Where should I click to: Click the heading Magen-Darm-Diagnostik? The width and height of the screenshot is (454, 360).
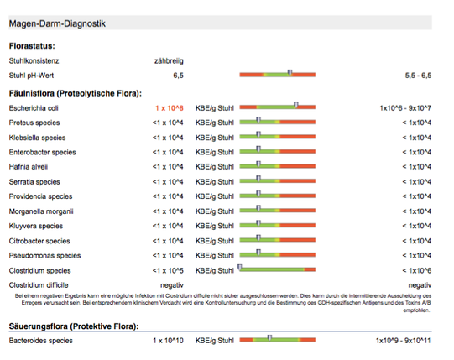point(57,23)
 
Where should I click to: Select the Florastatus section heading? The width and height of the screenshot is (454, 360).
point(32,46)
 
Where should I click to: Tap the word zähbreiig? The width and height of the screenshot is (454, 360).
point(169,61)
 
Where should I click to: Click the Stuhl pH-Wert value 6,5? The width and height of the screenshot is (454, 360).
point(179,76)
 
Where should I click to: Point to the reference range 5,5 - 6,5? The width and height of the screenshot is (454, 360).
point(418,76)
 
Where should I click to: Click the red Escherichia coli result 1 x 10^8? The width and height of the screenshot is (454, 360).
point(170,108)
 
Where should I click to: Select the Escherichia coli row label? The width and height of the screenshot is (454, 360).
point(34,108)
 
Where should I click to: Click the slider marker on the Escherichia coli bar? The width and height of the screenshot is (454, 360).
point(296,105)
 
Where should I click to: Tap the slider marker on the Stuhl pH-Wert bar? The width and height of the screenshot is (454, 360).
point(290,72)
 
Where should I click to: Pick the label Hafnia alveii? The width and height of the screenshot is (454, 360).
point(29,167)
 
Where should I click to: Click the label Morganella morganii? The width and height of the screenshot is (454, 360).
point(41,211)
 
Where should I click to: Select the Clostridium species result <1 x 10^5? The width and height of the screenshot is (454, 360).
point(168,270)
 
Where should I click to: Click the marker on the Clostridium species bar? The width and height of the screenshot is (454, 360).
point(240,268)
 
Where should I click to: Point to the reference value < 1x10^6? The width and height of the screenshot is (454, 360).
point(416,270)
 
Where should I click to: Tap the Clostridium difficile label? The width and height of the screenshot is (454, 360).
point(39,285)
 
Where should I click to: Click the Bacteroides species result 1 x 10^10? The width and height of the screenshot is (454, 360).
point(168,341)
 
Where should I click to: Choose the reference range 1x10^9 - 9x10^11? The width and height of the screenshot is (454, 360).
point(404,341)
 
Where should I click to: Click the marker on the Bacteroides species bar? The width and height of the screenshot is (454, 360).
point(269,337)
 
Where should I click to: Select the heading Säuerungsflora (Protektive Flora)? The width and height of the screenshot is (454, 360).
point(74,326)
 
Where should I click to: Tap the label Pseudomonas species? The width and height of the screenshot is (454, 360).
point(44,256)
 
